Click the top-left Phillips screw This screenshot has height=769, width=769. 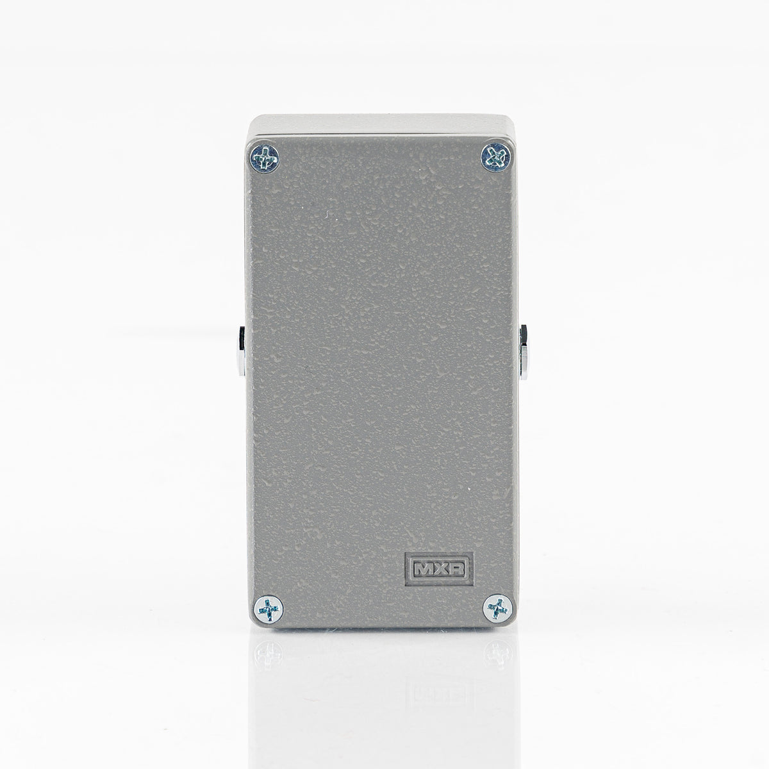coord(264,158)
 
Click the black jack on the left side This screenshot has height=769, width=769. coord(242,338)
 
